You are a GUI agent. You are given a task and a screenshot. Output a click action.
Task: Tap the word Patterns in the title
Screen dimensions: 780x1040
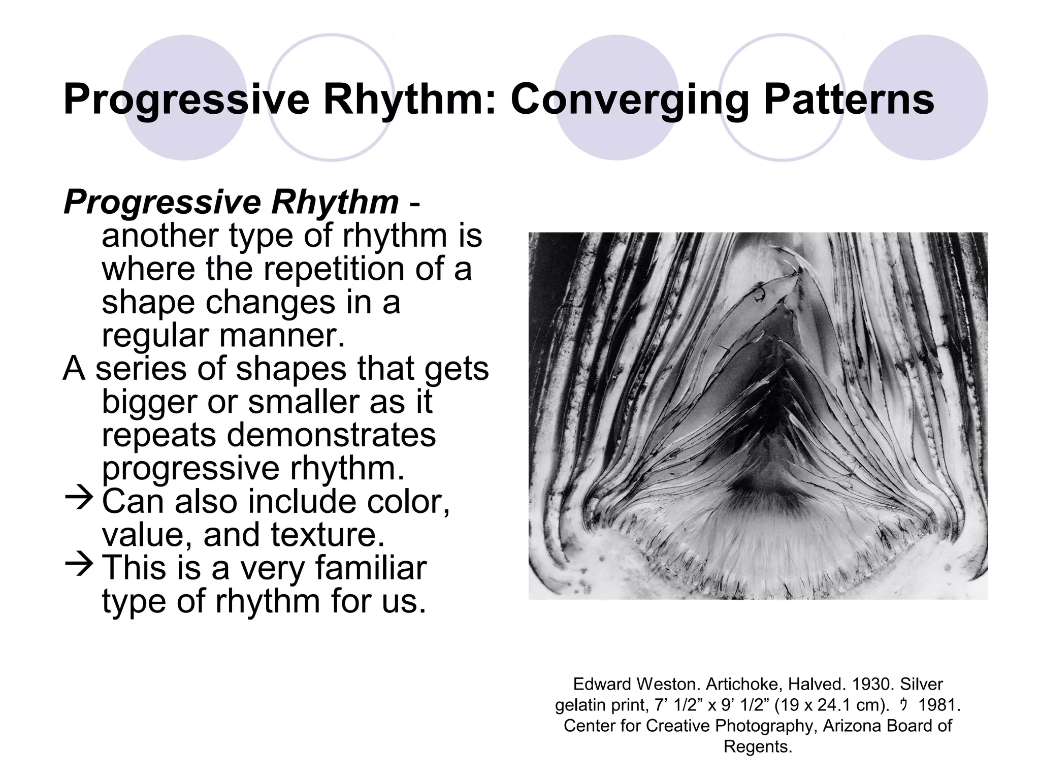pos(849,100)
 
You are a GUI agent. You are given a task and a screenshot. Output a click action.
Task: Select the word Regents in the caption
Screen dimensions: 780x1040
pos(757,746)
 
